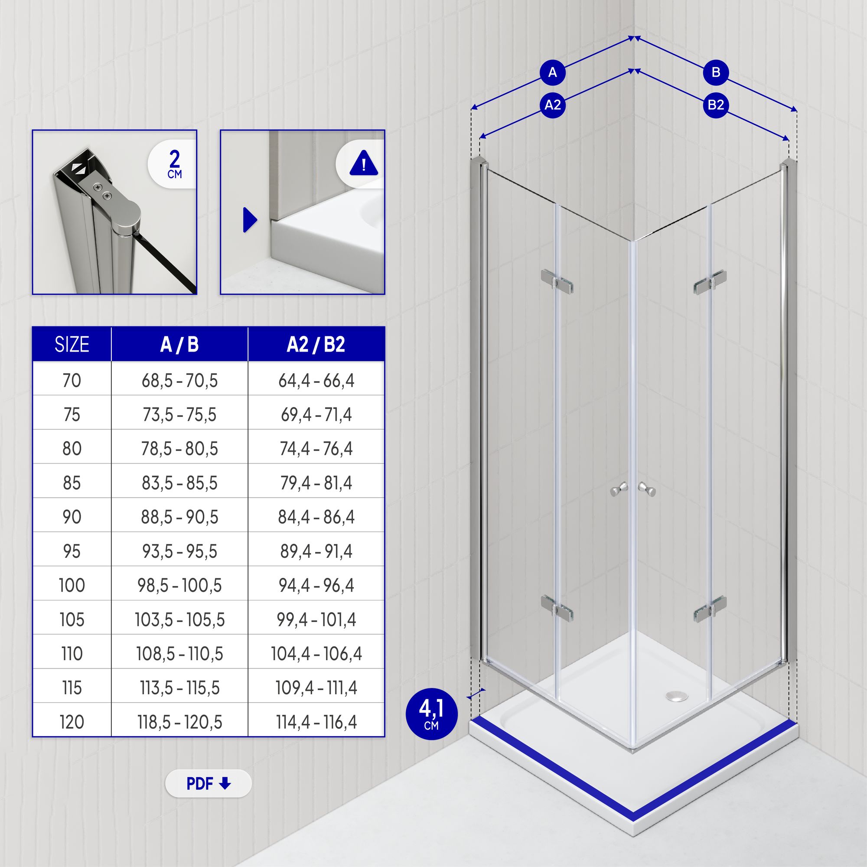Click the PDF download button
(208, 783)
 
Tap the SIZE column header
(72, 344)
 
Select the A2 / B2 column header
(316, 344)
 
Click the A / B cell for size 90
(179, 517)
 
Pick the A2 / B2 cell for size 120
(316, 722)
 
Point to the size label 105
(72, 620)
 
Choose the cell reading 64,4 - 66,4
(316, 381)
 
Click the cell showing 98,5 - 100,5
(179, 585)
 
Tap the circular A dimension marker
(552, 72)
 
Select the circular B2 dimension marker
(716, 105)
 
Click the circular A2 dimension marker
(552, 105)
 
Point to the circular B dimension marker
(716, 72)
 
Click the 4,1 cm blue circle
(431, 714)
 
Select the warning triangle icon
(364, 163)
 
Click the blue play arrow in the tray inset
(250, 220)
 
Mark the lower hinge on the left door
(557, 607)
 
